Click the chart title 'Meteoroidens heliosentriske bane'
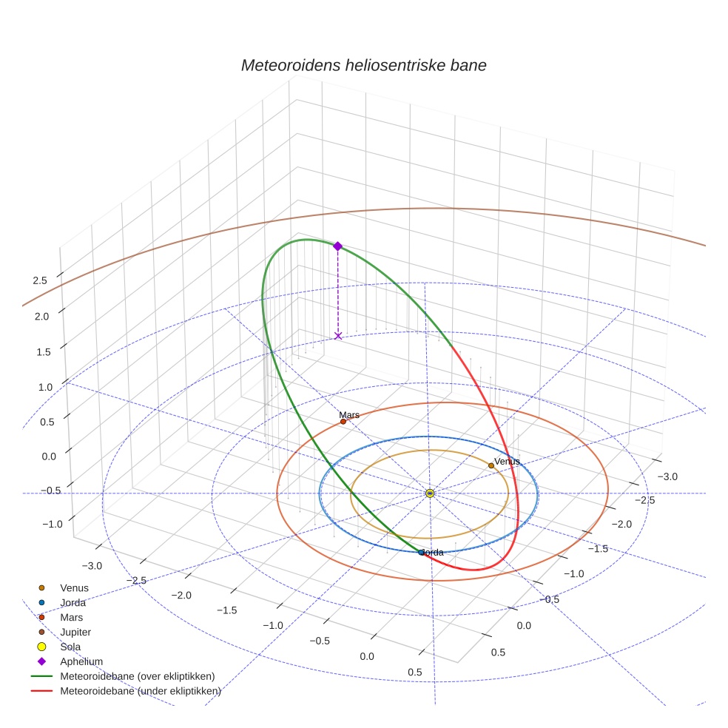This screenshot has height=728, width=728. pos(363,65)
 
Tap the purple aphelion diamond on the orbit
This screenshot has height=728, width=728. pos(337,246)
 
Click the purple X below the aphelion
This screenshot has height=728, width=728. pos(338,336)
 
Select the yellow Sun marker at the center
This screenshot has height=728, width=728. pos(430,493)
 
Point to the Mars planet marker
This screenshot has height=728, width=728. pos(343,422)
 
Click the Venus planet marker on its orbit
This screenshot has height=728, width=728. pos(491,465)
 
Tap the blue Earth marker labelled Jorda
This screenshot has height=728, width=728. pos(422,552)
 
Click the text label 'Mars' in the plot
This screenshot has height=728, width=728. pos(349,415)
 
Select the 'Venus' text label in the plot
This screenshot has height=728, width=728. pos(507,461)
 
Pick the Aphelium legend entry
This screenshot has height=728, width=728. pos(81,661)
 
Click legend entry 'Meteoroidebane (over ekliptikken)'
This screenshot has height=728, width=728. pos(137,676)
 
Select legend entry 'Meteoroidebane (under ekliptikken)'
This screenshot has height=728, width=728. pos(141,691)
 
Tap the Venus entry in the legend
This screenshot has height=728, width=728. pos(74,587)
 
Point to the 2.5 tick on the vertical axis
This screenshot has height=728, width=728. pos(40,280)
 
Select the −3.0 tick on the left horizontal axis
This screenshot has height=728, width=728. pos(92,566)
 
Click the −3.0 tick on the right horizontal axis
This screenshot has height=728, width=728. pos(667,476)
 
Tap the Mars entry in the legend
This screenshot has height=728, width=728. pos(72,617)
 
